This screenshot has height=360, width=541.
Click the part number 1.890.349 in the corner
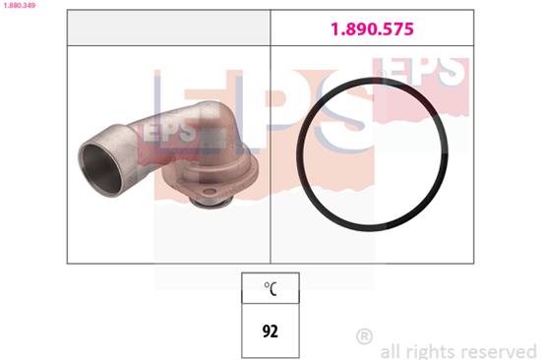(x=19, y=6)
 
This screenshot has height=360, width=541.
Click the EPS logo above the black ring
(x=420, y=69)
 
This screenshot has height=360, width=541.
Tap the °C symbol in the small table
(x=270, y=288)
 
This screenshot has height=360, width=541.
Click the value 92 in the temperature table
(x=270, y=330)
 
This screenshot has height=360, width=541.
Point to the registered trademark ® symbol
(x=364, y=336)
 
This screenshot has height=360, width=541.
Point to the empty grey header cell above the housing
(x=168, y=30)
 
